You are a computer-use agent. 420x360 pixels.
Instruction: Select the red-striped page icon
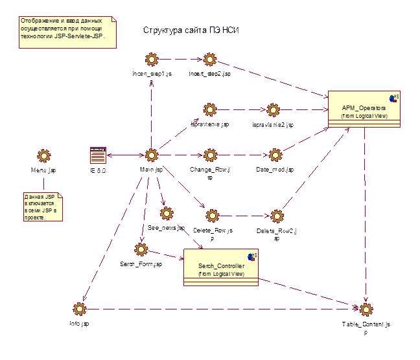pyautogui.click(x=99, y=155)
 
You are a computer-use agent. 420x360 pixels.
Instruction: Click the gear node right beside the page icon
pyautogui.click(x=151, y=155)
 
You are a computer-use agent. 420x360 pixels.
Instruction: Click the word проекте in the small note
pyautogui.click(x=36, y=218)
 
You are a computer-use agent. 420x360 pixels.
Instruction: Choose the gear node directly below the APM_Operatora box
pyautogui.click(x=366, y=309)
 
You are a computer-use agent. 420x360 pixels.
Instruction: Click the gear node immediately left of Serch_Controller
pyautogui.click(x=141, y=249)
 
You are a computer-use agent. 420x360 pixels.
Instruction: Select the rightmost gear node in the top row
pyautogui.click(x=209, y=60)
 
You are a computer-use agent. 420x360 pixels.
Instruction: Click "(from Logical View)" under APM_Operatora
pyautogui.click(x=364, y=116)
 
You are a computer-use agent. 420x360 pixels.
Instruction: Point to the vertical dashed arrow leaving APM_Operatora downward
pyautogui.click(x=365, y=214)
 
